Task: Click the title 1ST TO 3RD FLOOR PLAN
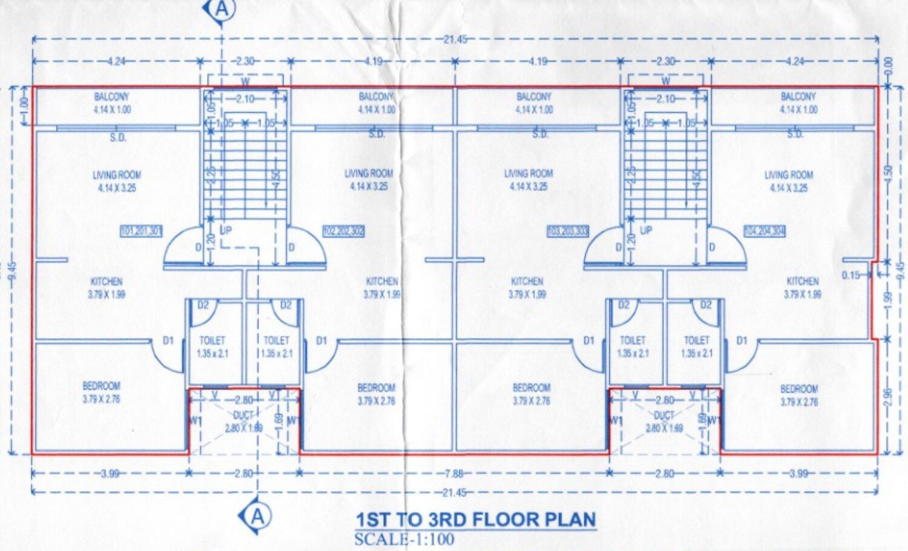coord(475,520)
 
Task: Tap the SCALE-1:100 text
coord(404,539)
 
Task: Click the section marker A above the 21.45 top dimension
coord(222,9)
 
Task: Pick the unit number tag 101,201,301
coord(142,231)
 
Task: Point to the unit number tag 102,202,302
coord(343,231)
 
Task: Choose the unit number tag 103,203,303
coord(568,231)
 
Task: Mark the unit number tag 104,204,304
coord(765,231)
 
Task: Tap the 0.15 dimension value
coord(850,275)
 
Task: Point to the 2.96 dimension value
coord(888,397)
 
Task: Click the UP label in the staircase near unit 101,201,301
coord(226,231)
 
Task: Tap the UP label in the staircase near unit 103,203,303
coord(646,231)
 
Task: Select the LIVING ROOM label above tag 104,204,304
coord(789,175)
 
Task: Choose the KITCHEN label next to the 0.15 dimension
coord(802,282)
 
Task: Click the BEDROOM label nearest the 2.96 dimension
coord(798,389)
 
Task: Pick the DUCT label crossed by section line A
coord(243,415)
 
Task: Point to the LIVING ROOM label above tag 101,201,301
coord(117,175)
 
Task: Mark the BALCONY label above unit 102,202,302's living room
coord(376,97)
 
